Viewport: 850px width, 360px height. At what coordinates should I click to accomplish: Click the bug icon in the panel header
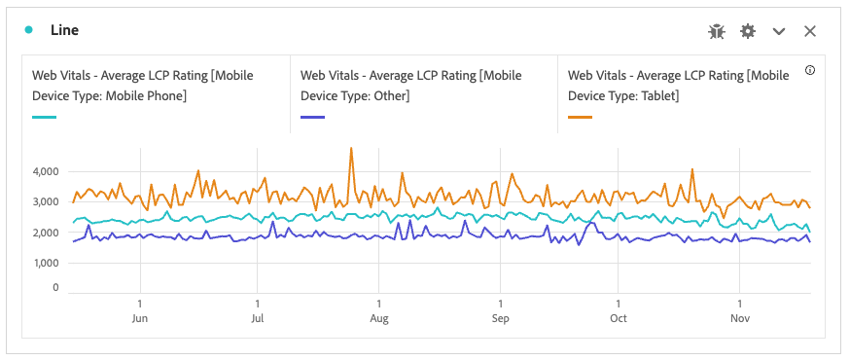point(717,31)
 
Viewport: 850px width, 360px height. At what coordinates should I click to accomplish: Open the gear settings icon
point(747,31)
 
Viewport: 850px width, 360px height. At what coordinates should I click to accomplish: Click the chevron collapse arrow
point(778,31)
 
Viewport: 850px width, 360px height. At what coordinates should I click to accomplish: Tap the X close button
point(809,31)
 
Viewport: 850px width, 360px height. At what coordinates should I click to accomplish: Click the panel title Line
point(65,30)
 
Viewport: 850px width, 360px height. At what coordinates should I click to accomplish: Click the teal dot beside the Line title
point(29,30)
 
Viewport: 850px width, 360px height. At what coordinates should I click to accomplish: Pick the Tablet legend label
point(678,86)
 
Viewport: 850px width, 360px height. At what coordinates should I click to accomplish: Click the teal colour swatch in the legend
point(45,118)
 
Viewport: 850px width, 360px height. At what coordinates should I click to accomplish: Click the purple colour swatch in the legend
point(312,118)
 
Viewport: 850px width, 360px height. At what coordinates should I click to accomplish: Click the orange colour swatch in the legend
point(580,118)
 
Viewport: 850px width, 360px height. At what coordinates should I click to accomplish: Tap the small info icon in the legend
point(810,71)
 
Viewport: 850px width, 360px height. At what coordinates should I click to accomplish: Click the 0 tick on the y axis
point(55,288)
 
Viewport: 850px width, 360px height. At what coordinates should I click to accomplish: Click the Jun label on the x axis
point(140,318)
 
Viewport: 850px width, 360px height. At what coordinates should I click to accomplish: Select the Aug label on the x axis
point(379,318)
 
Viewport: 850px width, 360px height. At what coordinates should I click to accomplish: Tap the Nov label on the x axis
point(740,318)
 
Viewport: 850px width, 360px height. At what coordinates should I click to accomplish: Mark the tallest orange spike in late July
point(350,149)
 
